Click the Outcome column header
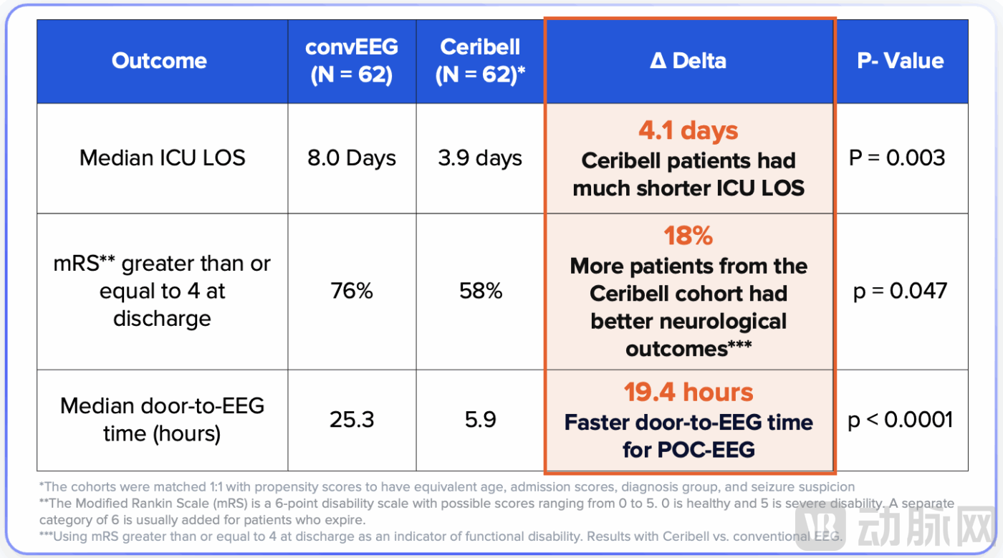coord(159,61)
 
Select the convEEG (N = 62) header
coord(352,61)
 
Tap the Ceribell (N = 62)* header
coord(481,61)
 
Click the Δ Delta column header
coord(688,61)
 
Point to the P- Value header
coord(900,61)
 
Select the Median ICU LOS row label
coord(163,158)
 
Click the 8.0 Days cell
coord(352,158)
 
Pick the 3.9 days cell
coord(481,158)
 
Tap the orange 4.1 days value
coord(688,131)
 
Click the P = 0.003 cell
coord(898,158)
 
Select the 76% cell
coord(352,291)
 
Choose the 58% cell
coord(481,291)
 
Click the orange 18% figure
coord(688,236)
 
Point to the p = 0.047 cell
coord(900,291)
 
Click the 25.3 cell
coord(352,419)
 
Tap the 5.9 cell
coord(481,419)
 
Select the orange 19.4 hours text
coord(688,393)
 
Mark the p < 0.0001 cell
coord(901,419)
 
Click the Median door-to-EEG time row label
coord(163,419)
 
